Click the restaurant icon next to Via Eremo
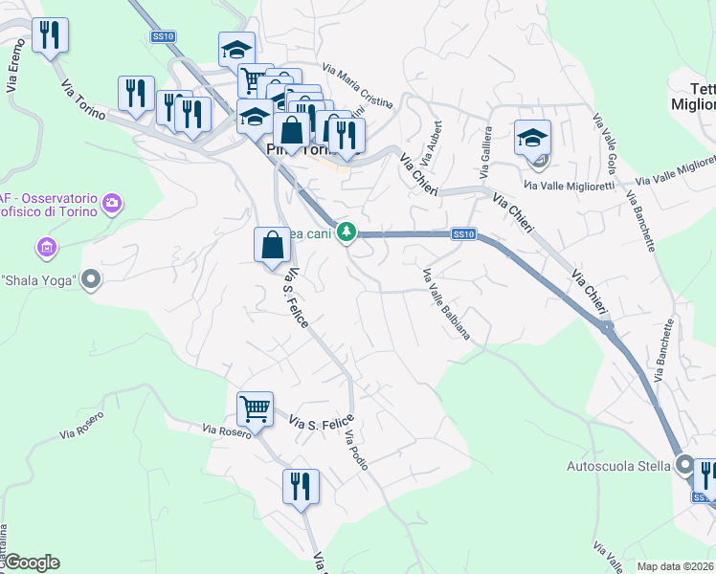coord(49,36)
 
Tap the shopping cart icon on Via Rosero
coord(256,408)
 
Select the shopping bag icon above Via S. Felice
coord(273,245)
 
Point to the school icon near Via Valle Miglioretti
coord(532,138)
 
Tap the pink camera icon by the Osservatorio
coord(113,202)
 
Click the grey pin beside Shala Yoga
coord(91,280)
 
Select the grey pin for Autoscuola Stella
coord(683,466)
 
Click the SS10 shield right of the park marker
coord(463,233)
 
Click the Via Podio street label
coord(355,450)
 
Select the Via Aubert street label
coord(436,138)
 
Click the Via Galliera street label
coord(487,144)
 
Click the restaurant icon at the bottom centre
coord(301,486)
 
